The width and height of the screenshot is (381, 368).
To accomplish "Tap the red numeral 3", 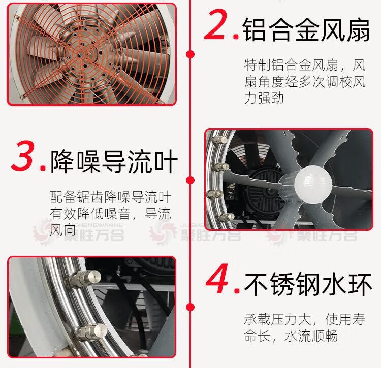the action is (x=23, y=156).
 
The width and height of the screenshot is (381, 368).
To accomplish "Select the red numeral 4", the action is (x=218, y=279).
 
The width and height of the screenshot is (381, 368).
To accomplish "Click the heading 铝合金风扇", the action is (x=306, y=29).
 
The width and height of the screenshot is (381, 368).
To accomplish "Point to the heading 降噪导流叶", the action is (x=114, y=161).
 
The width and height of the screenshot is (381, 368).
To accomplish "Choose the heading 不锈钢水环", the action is (x=308, y=284).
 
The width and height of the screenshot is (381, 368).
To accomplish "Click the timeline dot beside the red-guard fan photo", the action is (x=190, y=54).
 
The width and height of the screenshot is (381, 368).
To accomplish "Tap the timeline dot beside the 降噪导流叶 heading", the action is (x=190, y=180).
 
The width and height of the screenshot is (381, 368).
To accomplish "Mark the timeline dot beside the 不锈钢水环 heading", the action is (x=190, y=307).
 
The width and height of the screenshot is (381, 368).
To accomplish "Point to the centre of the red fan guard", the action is (x=80, y=55).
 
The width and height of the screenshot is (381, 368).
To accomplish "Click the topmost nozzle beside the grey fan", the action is (x=220, y=140).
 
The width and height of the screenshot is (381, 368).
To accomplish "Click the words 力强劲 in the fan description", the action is (x=264, y=98).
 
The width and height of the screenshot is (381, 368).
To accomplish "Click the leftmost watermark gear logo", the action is (x=43, y=232).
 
